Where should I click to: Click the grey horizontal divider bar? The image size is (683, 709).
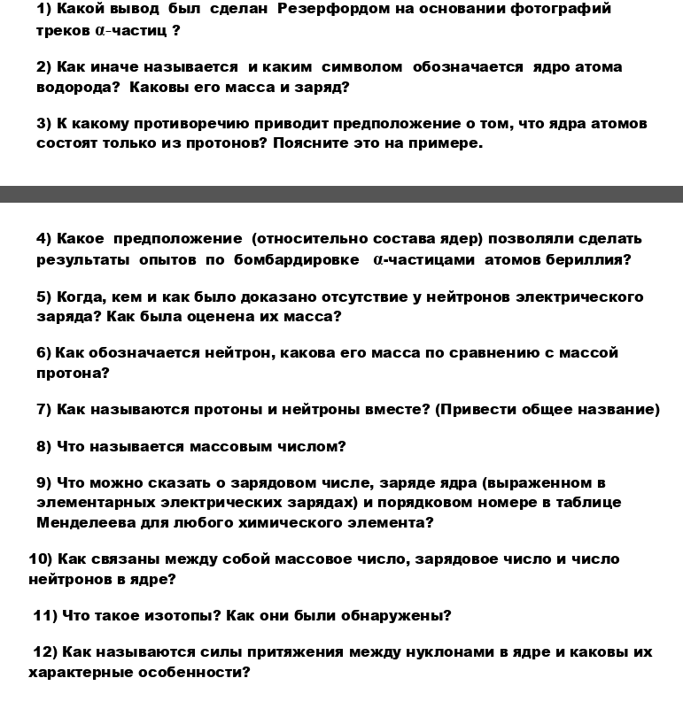coord(341,194)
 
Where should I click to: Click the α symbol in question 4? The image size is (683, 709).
coord(378,259)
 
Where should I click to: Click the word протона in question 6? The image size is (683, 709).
coord(70,373)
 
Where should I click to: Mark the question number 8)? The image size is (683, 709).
coord(44,446)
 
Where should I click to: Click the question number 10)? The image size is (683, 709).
coord(41,559)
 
